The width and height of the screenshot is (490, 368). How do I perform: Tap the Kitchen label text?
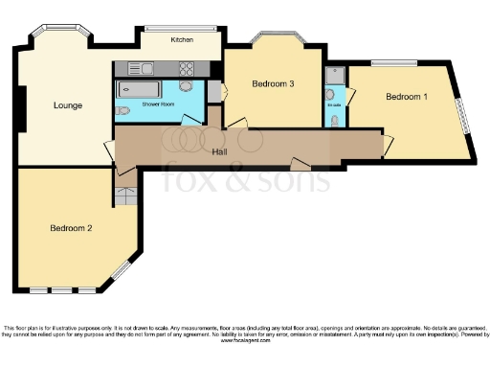point(182,40)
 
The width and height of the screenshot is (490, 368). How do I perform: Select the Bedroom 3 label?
point(272,84)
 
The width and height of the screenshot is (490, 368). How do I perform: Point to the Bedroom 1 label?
point(407,97)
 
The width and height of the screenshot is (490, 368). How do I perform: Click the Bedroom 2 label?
point(71,228)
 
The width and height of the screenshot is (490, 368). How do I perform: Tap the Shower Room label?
point(158,102)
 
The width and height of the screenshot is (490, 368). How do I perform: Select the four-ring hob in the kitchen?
point(186,69)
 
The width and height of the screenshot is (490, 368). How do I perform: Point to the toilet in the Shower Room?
point(122,110)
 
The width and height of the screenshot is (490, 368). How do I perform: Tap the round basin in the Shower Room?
point(185,86)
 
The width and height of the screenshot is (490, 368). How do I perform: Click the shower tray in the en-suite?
point(335,76)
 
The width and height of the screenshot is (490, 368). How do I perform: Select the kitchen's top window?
point(182,28)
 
